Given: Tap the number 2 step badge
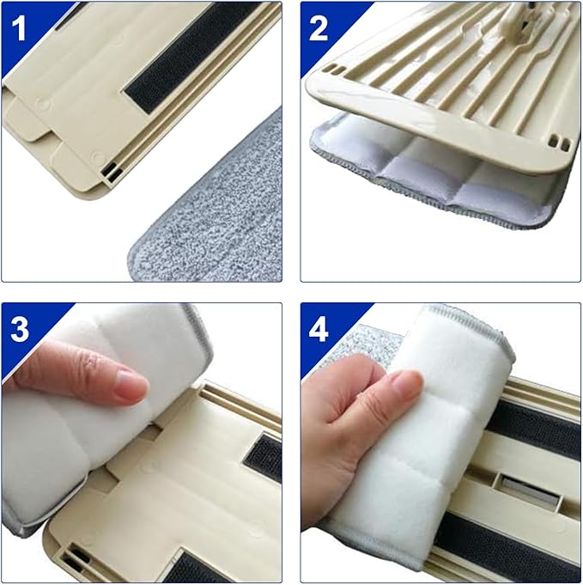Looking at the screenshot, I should click(x=319, y=28).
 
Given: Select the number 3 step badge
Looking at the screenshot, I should click(x=19, y=329).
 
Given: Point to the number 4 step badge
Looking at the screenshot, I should click(x=319, y=329).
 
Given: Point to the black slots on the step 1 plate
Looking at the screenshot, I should click(x=110, y=173).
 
